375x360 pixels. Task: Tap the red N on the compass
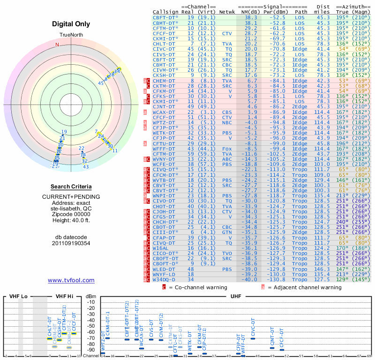tap(58, 45)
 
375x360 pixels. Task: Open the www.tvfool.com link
tap(71, 280)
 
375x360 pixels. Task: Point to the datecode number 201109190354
tap(71, 243)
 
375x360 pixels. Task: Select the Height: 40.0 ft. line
tap(71, 221)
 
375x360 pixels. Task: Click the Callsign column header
tap(165, 11)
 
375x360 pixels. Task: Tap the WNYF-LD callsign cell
tap(164, 274)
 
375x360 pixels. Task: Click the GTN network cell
tap(227, 232)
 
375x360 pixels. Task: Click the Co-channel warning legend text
tap(198, 287)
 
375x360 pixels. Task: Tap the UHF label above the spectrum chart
tap(237, 296)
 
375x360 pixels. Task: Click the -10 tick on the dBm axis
tap(90, 302)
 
